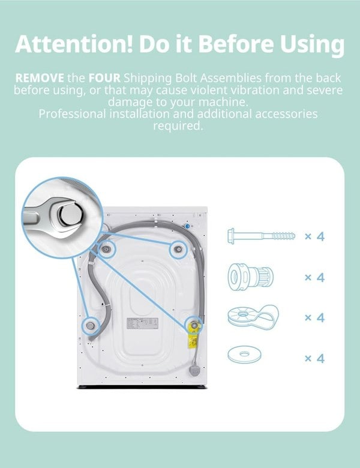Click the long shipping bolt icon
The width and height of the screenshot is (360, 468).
[262, 236]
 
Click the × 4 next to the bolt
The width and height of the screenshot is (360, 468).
[314, 236]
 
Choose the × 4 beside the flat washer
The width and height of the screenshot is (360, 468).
[314, 358]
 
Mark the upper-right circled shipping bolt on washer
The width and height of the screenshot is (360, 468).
[178, 250]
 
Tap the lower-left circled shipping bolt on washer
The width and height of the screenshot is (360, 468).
[90, 326]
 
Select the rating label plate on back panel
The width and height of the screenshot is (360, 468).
[142, 323]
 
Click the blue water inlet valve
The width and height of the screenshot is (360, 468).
[187, 227]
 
